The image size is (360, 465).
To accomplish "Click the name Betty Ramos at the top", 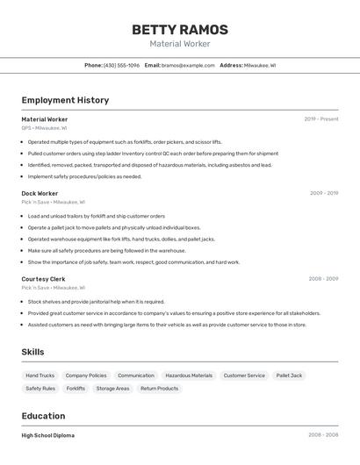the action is (179, 30).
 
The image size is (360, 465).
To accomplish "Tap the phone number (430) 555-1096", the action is (121, 65).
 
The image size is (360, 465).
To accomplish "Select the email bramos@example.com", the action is (188, 65).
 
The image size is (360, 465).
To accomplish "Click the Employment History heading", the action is (65, 100).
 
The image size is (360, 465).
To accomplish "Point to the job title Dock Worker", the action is (40, 193).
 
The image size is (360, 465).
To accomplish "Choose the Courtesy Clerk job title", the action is (43, 279).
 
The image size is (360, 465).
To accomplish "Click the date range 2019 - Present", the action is (320, 118).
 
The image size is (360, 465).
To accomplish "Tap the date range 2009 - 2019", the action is (323, 193).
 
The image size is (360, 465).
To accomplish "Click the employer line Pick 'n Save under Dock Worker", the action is (53, 202).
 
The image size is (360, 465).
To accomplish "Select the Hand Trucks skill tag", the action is (40, 376).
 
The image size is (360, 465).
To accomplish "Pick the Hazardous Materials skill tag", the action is (189, 376).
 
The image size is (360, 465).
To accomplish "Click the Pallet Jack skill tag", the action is (289, 376).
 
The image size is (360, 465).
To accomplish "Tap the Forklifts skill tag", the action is (76, 388).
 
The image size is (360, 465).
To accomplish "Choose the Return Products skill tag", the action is (159, 388).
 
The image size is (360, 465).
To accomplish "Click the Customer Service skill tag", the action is (244, 376).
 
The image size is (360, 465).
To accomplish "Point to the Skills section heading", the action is (33, 352).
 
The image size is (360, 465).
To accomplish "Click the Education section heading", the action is (43, 416).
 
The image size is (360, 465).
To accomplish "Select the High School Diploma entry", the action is (47, 435).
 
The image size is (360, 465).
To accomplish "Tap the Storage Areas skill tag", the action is (112, 388).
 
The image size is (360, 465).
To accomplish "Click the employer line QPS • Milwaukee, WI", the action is (44, 127).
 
